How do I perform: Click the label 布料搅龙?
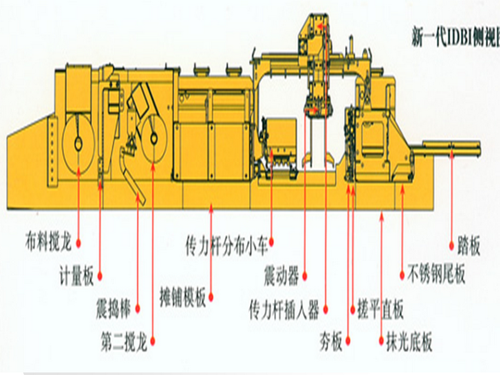point(48,243)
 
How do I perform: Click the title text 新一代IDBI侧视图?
point(454,32)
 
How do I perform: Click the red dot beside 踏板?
point(452,247)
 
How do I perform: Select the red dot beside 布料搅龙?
point(78,243)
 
